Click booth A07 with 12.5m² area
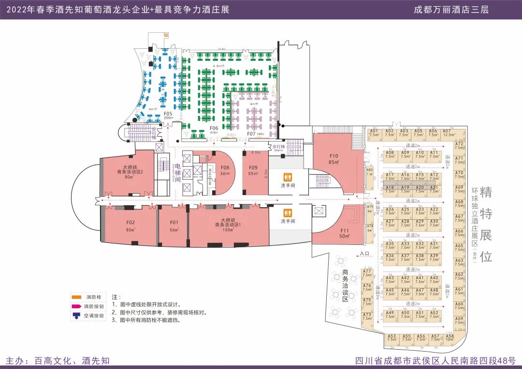pos(447,133)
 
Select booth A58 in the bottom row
pos(450,338)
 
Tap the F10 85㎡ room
pos(333,159)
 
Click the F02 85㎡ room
pos(130,226)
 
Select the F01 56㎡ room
pos(174,226)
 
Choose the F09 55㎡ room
pos(254,170)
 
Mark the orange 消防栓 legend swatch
pos(76,297)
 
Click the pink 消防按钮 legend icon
pos(76,306)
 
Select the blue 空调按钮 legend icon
pos(76,316)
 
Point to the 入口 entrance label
pos(364,253)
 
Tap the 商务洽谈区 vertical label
pos(345,285)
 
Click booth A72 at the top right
pos(460,146)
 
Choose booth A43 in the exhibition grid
pos(390,280)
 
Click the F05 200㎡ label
pos(168,115)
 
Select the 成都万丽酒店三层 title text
pos(451,10)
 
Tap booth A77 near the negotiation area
pos(367,273)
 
